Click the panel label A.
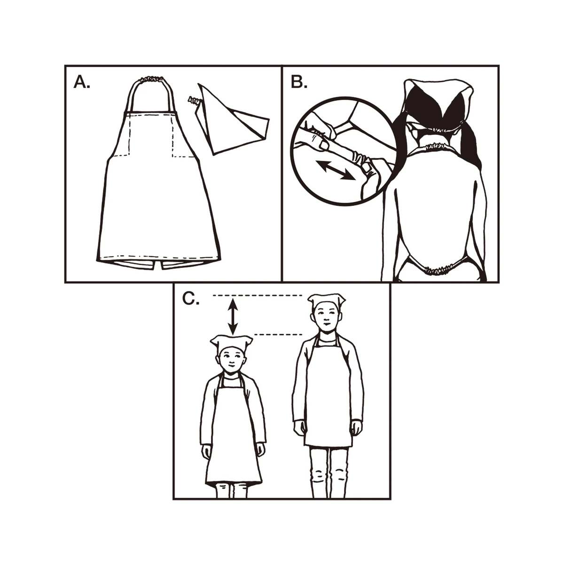tap(81, 83)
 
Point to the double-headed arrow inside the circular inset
tap(335, 170)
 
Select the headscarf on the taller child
tap(327, 300)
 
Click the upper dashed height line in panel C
tap(257, 295)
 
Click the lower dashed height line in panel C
tap(277, 335)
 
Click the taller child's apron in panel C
tap(328, 399)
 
